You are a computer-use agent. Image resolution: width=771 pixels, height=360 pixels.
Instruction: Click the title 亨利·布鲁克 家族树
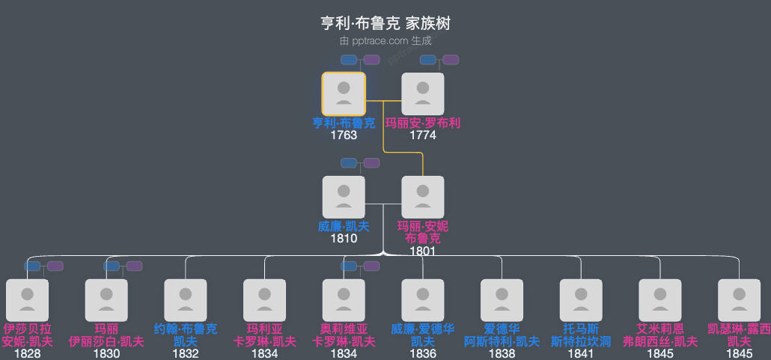pos(385,23)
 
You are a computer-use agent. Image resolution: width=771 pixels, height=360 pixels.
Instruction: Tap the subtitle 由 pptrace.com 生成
pos(385,41)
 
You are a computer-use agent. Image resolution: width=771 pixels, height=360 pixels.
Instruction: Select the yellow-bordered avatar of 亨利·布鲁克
pos(344,94)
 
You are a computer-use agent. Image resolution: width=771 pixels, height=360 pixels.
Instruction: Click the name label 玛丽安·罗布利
pos(423,123)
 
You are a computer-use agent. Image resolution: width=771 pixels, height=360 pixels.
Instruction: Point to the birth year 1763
pos(344,135)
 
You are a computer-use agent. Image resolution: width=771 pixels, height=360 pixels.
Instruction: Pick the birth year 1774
pos(423,135)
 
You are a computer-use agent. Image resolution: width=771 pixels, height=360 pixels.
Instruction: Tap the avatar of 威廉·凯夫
pos(344,197)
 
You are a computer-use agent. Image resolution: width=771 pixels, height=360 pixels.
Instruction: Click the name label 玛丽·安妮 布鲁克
pos(423,232)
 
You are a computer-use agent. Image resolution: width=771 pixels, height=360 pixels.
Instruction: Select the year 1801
pos(423,251)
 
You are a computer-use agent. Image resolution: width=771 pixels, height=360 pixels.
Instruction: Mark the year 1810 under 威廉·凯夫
pos(344,239)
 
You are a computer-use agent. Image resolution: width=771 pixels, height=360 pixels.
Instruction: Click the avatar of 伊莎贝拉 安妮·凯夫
pos(27,300)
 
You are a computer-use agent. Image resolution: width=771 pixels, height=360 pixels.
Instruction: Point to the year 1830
pos(106,353)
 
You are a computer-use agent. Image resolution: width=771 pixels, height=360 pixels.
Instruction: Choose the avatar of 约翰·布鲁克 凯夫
pos(186,300)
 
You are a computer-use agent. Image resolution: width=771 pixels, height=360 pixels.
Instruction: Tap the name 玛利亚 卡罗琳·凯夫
pos(265,335)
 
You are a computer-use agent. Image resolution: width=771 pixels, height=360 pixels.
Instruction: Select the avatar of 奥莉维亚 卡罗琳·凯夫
pos(344,300)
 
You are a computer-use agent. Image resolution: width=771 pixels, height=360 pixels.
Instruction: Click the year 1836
pos(423,353)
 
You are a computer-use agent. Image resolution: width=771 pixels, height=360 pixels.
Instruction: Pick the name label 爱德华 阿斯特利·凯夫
pos(502,335)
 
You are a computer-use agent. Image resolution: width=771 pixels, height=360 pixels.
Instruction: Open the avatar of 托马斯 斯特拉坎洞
pos(582,300)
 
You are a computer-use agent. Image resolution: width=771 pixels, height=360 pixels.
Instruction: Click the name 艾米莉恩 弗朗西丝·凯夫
pos(661,335)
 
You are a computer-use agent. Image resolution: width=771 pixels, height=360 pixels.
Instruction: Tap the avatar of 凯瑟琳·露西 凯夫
pos(740,300)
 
